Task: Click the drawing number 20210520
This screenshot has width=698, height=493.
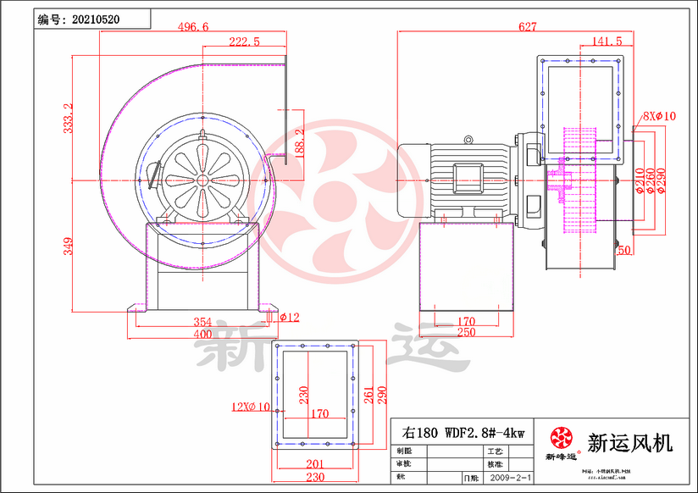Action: point(95,17)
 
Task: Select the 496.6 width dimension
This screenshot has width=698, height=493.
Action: point(193,27)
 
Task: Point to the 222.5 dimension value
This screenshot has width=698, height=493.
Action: point(244,42)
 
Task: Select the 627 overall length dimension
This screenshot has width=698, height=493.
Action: point(527,27)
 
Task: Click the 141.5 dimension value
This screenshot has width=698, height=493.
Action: point(607,41)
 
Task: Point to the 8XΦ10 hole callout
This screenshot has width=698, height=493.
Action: point(659,115)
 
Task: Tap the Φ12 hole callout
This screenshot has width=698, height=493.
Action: point(290,318)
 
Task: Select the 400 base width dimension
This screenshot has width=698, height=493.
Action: point(202,335)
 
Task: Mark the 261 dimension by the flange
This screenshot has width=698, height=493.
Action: point(369,394)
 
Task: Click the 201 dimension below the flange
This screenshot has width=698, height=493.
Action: point(314,463)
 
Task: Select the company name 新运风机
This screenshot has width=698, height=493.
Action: point(630,442)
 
